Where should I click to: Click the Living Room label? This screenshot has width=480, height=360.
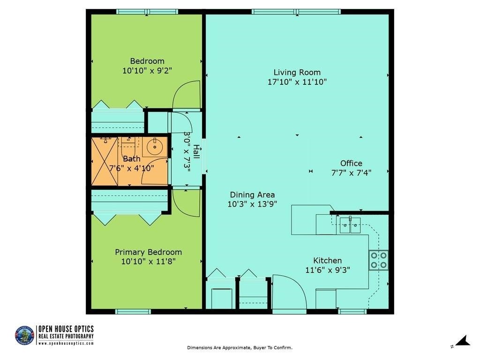[x=297, y=73]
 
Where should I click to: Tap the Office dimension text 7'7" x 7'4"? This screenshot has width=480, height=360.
[x=351, y=172]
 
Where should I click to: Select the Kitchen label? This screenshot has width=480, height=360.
[x=327, y=261]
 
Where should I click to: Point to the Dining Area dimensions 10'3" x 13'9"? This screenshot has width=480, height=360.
[x=252, y=204]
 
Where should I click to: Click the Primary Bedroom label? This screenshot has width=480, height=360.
[x=148, y=252]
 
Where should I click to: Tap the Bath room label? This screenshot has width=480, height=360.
[x=132, y=159]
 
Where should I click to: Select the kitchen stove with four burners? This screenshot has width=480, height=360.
[x=379, y=260]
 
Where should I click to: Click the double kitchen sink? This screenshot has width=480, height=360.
[x=350, y=225]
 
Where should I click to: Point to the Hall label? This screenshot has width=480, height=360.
[x=196, y=151]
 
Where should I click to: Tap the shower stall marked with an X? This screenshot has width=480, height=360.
[x=105, y=161]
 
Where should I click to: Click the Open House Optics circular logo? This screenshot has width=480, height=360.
[x=24, y=335]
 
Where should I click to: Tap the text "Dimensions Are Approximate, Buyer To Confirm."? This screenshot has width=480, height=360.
[x=240, y=347]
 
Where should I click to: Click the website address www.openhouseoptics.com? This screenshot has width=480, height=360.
[x=66, y=344]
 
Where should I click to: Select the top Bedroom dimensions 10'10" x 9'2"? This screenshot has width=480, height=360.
[x=147, y=71]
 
